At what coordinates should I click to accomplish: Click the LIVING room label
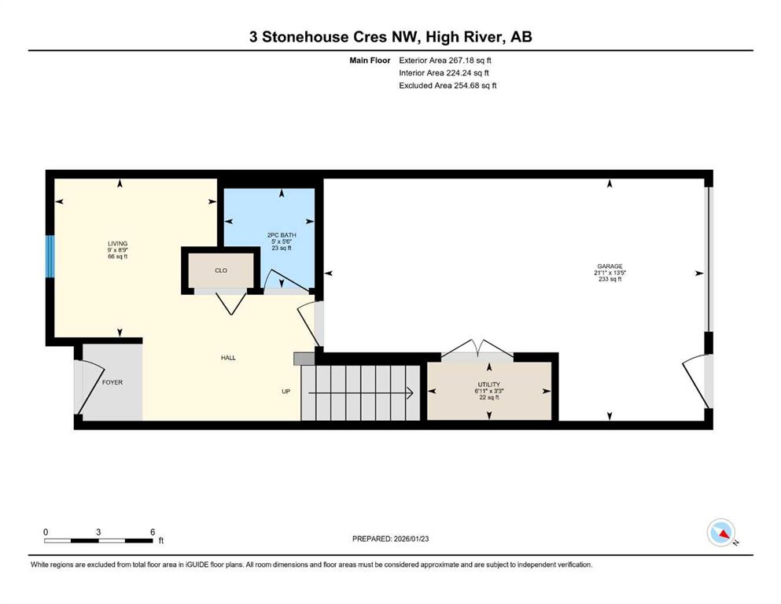(117, 244)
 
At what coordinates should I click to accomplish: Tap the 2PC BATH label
(282, 235)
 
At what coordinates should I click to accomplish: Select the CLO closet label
(221, 271)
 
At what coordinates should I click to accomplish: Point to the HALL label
(228, 358)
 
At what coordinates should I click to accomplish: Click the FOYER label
(112, 382)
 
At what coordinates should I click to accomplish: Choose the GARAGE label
(610, 267)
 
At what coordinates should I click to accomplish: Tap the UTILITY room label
(488, 385)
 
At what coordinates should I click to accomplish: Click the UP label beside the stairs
(286, 392)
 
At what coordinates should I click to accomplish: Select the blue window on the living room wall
(50, 256)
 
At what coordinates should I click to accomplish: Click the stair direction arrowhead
(411, 393)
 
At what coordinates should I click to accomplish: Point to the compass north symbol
(720, 532)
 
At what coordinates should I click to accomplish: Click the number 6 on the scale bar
(153, 532)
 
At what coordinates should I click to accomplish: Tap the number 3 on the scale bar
(98, 532)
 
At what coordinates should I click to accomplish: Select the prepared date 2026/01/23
(411, 539)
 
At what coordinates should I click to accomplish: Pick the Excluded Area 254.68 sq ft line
(448, 85)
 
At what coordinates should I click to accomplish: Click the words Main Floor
(370, 61)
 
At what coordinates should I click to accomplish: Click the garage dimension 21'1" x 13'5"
(610, 273)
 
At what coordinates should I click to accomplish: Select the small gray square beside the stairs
(304, 359)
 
